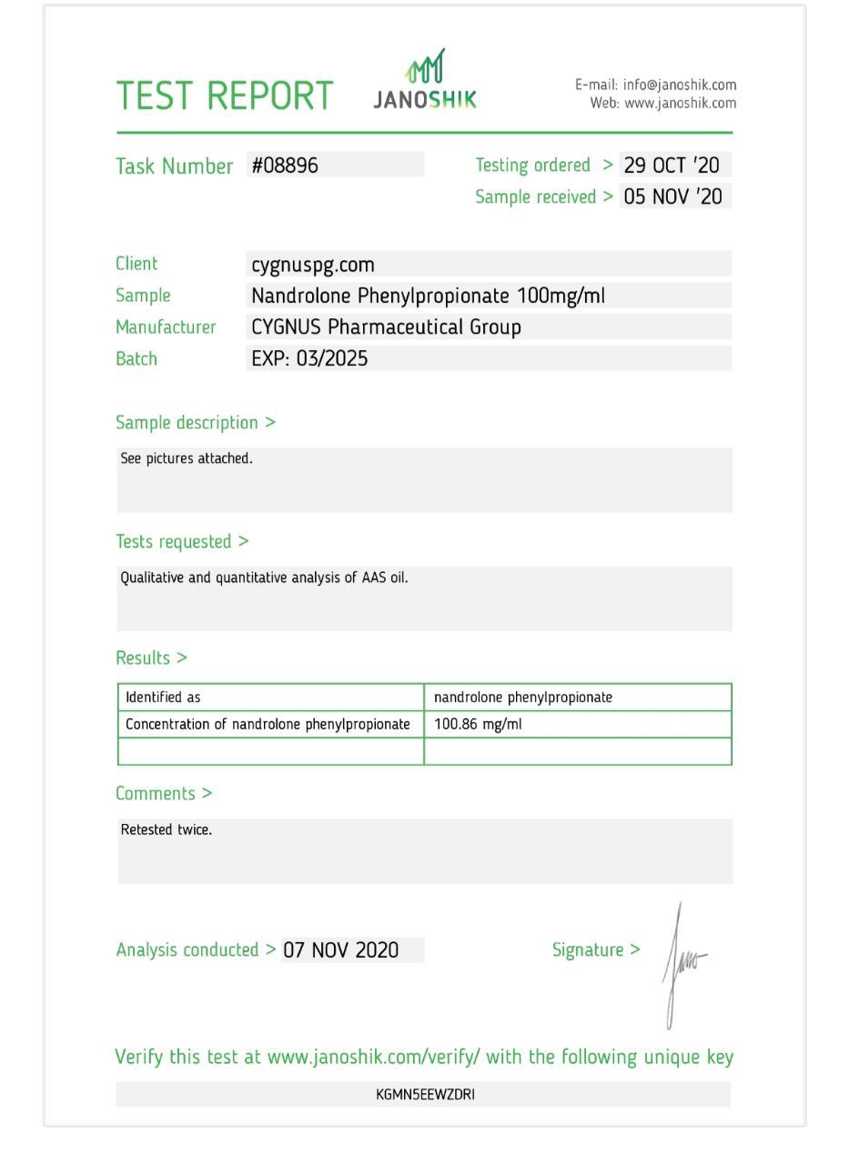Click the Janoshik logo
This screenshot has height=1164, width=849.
424,80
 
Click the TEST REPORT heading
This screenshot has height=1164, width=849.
224,95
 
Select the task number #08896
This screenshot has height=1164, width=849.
285,165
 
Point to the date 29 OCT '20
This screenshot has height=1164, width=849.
672,165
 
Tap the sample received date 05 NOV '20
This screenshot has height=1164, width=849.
672,196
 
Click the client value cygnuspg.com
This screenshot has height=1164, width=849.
313,265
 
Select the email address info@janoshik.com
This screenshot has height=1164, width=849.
680,85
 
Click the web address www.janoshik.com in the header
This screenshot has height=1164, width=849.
680,103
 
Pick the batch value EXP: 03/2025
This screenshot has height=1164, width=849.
309,358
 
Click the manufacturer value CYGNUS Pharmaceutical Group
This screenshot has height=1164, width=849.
386,326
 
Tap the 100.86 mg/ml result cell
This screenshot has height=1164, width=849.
478,725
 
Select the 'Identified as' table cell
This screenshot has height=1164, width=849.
163,697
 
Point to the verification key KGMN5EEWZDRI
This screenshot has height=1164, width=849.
425,1094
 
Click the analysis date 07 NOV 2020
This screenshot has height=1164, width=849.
341,950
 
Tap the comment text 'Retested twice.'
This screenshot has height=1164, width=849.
167,829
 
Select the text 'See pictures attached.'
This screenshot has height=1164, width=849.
187,458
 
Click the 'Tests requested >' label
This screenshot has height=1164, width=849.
182,541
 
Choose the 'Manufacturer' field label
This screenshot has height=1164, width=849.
166,326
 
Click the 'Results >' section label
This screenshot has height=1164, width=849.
151,657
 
